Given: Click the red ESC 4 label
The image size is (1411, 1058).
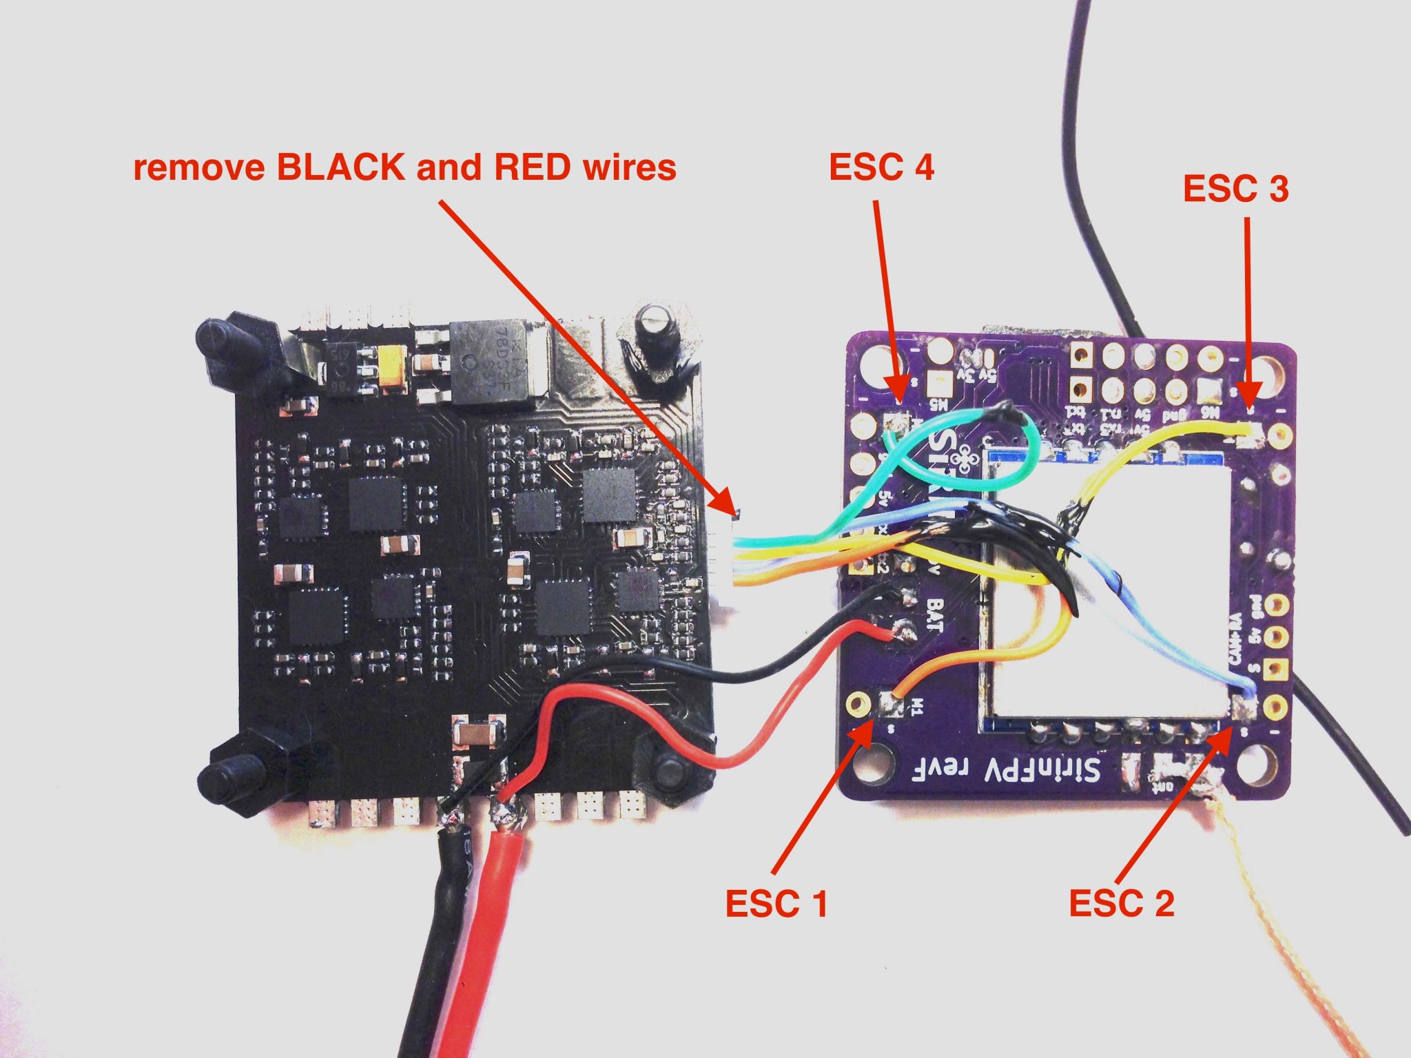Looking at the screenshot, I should coord(881,167).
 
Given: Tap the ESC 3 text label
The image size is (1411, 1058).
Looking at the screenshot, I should coord(1235,189).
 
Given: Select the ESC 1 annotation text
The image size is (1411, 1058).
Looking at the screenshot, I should coord(776,903).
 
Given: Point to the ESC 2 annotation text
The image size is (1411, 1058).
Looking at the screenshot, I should coord(1122,903).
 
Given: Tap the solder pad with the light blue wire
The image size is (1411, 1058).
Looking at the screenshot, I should coord(1244,706).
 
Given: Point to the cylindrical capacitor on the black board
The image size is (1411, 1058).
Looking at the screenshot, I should coord(652,323).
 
